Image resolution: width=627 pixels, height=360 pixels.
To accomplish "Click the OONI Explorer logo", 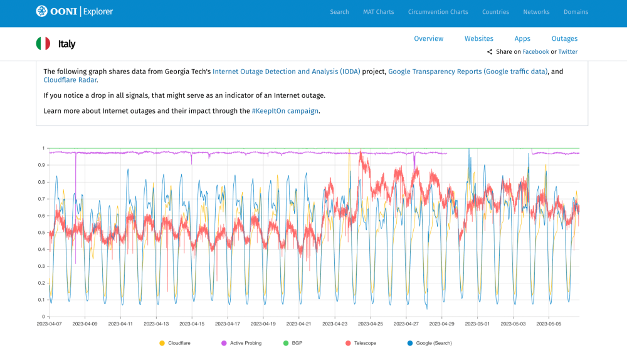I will tap(75, 11).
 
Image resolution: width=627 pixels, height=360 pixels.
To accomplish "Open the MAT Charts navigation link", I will tap(378, 12).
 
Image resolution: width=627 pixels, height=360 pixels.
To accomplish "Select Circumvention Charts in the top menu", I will tap(438, 12).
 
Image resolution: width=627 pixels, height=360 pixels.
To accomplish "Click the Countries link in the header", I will tap(495, 12).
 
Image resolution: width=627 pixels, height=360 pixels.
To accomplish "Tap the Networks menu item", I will tap(536, 12).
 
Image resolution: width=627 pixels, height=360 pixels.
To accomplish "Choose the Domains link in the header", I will tap(576, 12).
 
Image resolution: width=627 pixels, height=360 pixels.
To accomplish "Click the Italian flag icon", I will tap(43, 44).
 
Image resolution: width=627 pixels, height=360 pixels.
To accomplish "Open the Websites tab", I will tap(478, 39).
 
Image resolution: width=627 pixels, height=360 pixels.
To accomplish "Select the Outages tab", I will tap(564, 39).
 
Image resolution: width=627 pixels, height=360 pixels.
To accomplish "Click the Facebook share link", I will tap(535, 52).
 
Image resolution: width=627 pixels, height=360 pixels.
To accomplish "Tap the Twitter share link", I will tap(568, 52).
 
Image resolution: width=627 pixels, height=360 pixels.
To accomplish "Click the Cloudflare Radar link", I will tap(70, 80).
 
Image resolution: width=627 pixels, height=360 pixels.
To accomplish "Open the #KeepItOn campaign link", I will tap(285, 111).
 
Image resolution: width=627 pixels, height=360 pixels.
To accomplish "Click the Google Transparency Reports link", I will tap(468, 71).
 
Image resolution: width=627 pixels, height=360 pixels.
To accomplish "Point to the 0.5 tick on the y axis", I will tap(42, 233).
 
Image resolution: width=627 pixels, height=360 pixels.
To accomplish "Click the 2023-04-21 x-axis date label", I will tap(300, 324).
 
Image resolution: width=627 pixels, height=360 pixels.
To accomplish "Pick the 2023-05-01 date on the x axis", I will tap(478, 324).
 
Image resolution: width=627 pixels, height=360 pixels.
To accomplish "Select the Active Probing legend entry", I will tap(245, 343).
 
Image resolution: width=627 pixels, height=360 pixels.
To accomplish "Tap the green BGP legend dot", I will tap(286, 343).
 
